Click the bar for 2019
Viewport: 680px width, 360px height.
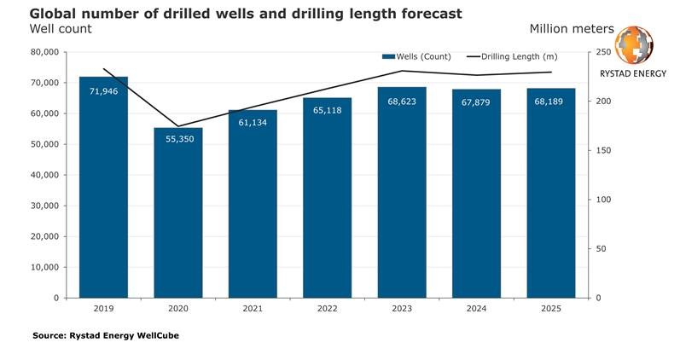(103, 196)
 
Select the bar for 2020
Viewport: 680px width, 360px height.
(178, 222)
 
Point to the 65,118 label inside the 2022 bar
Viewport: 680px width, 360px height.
(328, 111)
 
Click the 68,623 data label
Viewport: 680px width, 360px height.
(403, 101)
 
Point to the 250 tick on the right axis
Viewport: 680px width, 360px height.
(602, 52)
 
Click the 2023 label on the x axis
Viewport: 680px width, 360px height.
(403, 308)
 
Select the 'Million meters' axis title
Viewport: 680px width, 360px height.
(571, 29)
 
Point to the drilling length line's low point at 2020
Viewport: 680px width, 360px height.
(178, 126)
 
